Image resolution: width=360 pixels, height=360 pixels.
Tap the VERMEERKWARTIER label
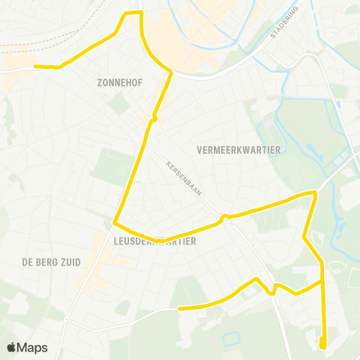[238, 150]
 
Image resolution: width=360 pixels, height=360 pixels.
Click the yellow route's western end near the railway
[36, 67]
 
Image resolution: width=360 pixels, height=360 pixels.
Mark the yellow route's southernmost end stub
[322, 343]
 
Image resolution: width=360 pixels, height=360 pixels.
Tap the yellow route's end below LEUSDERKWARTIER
[180, 307]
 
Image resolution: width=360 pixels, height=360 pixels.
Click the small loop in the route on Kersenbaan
[224, 217]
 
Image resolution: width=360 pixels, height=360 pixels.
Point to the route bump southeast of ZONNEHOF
[154, 117]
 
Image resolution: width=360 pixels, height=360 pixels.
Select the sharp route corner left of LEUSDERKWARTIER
[115, 223]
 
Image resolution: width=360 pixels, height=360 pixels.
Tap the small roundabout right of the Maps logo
[66, 319]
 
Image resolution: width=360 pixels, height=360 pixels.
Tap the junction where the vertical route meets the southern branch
[322, 283]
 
